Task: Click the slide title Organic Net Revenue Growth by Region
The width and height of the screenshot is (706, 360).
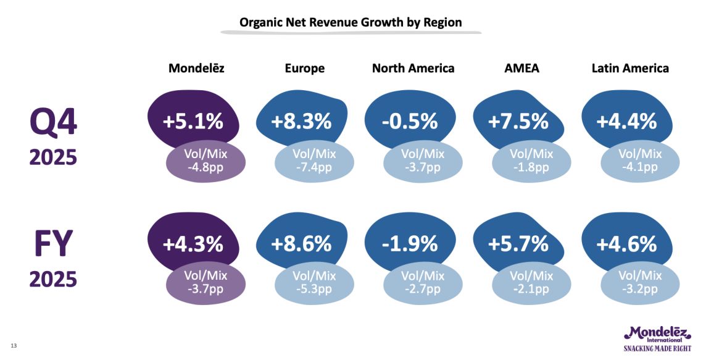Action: point(351,23)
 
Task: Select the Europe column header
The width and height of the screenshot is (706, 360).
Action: point(304,69)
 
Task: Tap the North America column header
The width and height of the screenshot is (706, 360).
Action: point(413,69)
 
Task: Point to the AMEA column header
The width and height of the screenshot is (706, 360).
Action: point(521,69)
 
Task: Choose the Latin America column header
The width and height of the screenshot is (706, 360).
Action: point(629,69)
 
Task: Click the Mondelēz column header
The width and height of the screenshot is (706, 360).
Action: point(196,69)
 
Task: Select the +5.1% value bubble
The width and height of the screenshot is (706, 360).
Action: point(193,121)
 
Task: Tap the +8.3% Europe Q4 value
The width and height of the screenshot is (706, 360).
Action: point(301,121)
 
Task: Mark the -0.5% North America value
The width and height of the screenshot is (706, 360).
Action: point(410,121)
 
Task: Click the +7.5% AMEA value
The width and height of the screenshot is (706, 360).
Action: point(518,121)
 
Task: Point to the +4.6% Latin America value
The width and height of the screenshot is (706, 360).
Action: point(626,244)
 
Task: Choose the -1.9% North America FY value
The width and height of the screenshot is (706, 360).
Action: point(410,244)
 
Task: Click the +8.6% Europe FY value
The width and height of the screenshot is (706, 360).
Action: point(301,244)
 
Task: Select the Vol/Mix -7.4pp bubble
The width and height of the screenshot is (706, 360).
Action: point(314,161)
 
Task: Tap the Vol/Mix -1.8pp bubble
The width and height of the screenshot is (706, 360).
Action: point(531,161)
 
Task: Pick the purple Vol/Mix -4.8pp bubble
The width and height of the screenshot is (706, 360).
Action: point(206,161)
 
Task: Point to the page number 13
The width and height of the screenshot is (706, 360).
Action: point(14,345)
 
